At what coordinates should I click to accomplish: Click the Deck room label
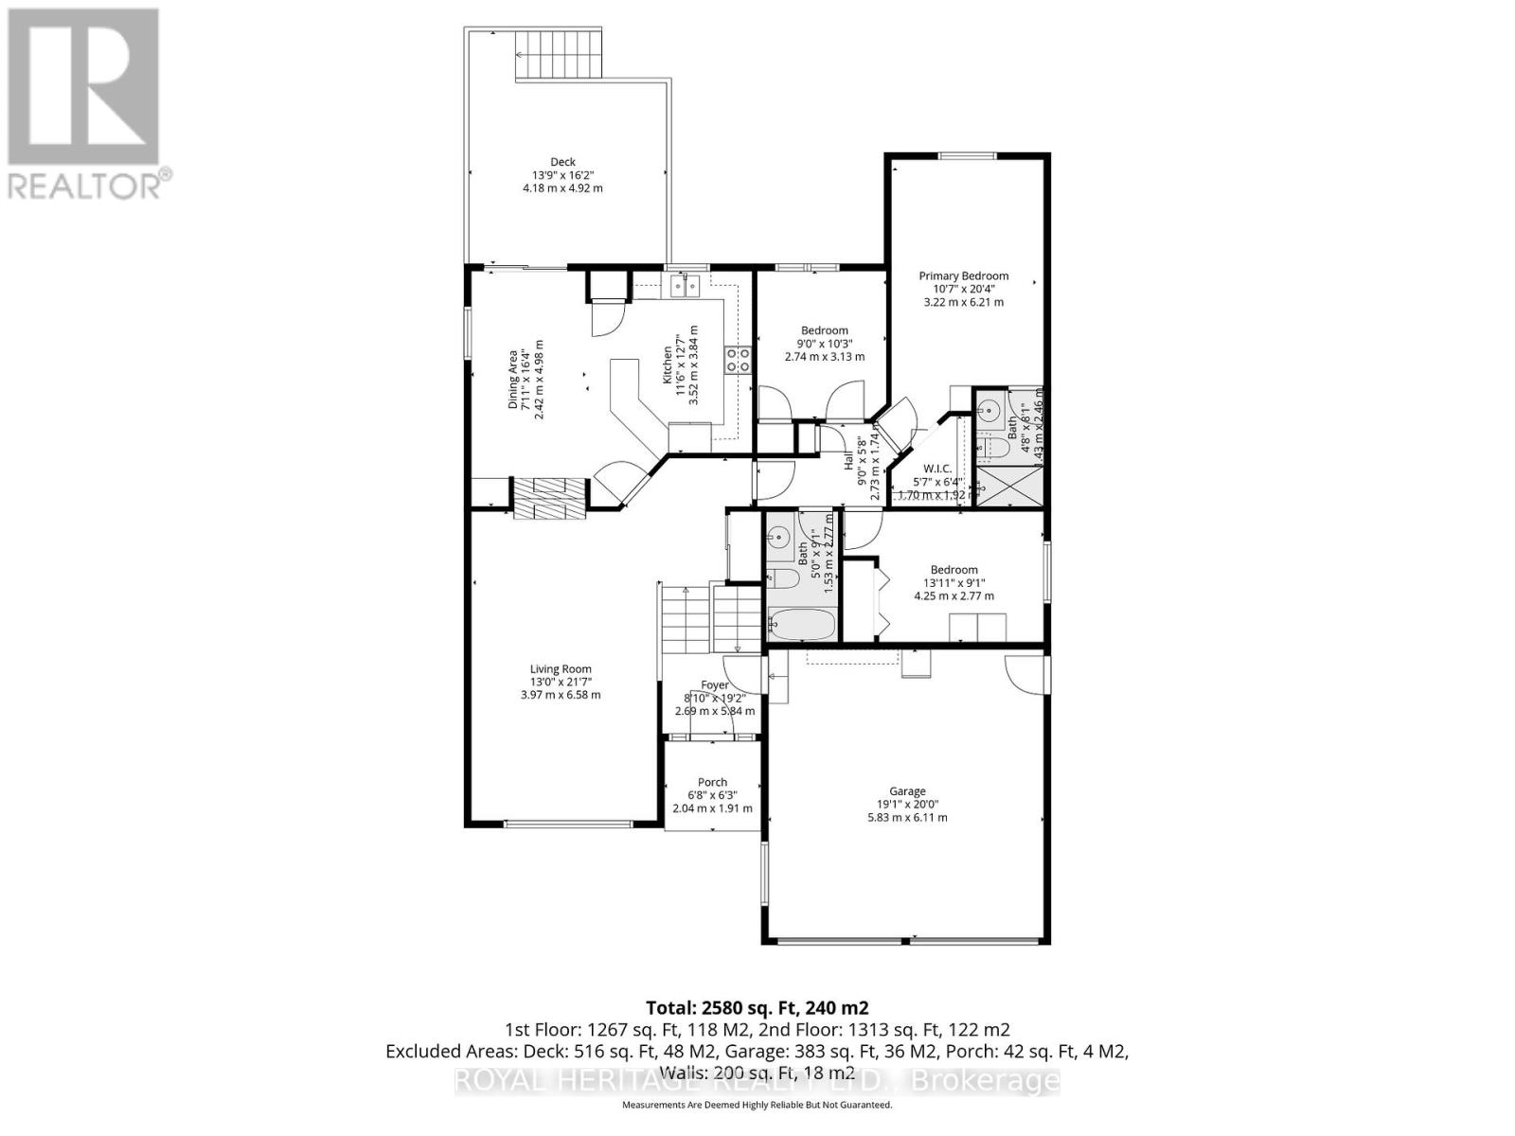562,162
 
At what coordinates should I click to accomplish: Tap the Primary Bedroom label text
963,275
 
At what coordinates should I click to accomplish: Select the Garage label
907,791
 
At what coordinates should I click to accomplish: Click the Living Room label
561,669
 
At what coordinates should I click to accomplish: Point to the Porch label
712,782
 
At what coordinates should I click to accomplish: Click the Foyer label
715,685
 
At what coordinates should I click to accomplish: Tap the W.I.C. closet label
937,470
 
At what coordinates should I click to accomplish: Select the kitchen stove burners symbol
739,359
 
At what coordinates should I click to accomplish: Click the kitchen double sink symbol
685,283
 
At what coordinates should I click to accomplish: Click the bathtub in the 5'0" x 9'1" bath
801,625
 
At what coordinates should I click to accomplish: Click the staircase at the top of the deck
558,56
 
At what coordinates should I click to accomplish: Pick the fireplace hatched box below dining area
549,498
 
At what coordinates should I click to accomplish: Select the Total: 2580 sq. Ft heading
757,1007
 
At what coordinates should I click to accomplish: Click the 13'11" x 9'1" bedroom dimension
954,583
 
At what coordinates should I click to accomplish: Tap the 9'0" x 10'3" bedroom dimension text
824,344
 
